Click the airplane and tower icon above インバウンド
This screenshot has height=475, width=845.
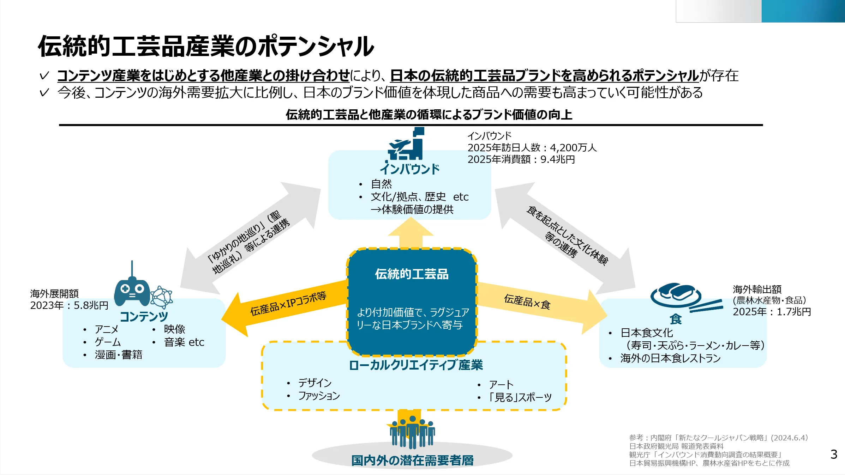(x=406, y=145)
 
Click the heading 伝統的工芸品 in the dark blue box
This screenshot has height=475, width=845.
(x=412, y=274)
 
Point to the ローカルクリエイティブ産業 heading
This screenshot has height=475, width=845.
(x=415, y=365)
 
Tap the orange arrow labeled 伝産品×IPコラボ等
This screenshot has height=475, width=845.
(x=282, y=307)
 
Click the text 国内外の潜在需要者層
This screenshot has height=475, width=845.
(x=412, y=460)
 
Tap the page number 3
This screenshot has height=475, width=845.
(x=834, y=454)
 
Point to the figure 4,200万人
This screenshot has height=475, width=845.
(x=573, y=147)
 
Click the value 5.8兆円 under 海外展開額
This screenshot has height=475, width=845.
(x=91, y=305)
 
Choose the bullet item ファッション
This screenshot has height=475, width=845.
(x=319, y=396)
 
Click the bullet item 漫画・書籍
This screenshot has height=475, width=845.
(x=118, y=355)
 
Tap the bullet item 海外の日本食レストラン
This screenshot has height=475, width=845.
(x=670, y=358)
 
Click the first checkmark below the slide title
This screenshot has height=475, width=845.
(x=44, y=76)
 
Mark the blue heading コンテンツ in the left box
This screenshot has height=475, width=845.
(x=144, y=316)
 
